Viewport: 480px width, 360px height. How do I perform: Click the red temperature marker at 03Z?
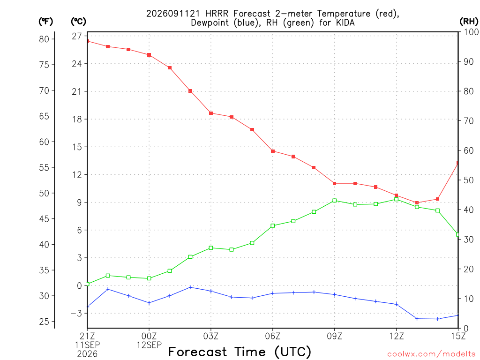[x=211, y=113]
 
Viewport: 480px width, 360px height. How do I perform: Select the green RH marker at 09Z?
[x=335, y=201]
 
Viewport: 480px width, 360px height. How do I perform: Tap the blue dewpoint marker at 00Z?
[x=149, y=303]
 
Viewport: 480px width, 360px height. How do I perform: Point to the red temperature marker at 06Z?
[x=273, y=151]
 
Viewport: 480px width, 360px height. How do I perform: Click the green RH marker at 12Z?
[x=397, y=199]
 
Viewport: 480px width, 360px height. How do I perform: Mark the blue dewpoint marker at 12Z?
[x=397, y=304]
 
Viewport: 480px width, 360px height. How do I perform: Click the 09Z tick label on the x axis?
[x=334, y=337]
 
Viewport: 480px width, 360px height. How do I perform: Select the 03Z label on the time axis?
[x=211, y=337]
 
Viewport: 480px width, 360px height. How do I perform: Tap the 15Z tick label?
[x=458, y=337]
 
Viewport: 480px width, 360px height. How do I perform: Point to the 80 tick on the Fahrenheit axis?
[x=44, y=39]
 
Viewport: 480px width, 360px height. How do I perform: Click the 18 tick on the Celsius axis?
[x=77, y=120]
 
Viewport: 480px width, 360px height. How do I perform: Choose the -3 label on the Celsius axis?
[x=76, y=314]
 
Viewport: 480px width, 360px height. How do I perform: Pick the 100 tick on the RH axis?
[x=471, y=32]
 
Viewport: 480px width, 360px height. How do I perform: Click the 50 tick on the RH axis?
[x=469, y=180]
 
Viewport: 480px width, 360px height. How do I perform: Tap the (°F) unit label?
[x=45, y=22]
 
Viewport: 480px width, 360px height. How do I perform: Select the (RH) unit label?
[x=469, y=22]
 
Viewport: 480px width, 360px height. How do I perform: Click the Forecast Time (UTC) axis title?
[x=240, y=352]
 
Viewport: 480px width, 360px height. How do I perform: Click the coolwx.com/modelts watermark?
[x=431, y=354]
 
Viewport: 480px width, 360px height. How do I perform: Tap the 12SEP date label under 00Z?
[x=149, y=345]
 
